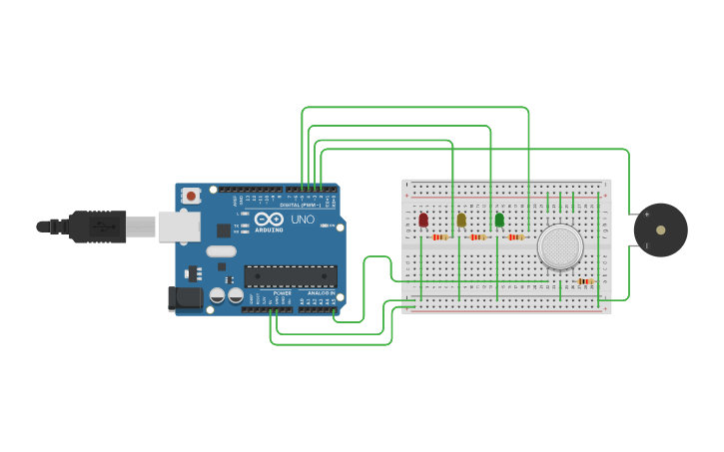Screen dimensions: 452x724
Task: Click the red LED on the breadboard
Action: click(423, 220)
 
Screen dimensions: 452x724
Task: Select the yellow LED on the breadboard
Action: click(461, 220)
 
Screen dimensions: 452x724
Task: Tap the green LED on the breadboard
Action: click(499, 220)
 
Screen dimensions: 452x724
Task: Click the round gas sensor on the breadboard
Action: click(560, 246)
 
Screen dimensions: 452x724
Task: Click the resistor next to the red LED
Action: click(440, 237)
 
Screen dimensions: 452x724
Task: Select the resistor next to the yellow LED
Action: click(478, 237)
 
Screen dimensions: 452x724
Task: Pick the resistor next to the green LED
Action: click(515, 237)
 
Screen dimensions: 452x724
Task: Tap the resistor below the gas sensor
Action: click(585, 281)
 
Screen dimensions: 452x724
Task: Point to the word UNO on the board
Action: click(303, 220)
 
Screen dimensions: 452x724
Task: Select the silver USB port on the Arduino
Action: click(179, 226)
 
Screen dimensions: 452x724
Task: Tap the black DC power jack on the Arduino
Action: click(187, 297)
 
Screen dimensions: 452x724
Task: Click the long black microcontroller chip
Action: click(291, 276)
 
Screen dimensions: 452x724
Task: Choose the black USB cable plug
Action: click(98, 226)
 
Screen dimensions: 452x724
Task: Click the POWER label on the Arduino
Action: click(283, 293)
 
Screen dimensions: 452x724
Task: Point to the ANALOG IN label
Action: click(320, 293)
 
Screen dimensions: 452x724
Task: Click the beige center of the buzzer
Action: click(660, 230)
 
